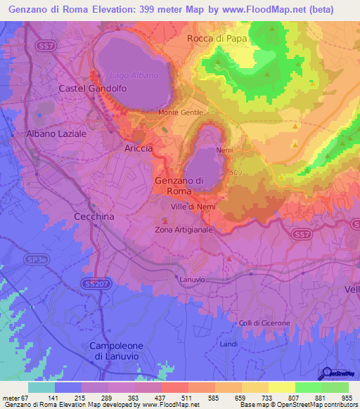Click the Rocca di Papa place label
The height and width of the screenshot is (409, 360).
pyautogui.click(x=217, y=39)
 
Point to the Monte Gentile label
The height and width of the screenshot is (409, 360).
pyautogui.click(x=181, y=112)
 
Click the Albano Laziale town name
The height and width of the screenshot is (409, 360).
pyautogui.click(x=56, y=133)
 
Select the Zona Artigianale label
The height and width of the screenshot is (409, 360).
pyautogui.click(x=184, y=230)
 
